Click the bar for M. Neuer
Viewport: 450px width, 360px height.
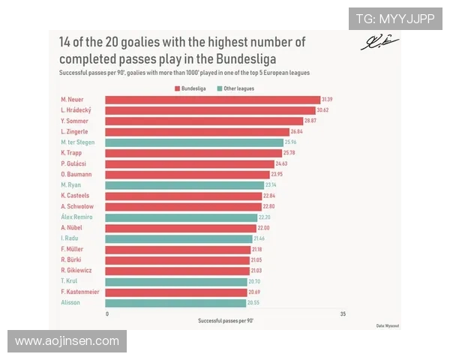point(212,100)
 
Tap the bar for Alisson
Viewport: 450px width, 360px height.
point(175,303)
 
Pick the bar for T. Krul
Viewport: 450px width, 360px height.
point(176,281)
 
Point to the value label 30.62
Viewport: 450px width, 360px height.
point(325,110)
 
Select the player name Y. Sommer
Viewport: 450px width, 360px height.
point(73,121)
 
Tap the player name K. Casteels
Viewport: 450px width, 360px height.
point(75,196)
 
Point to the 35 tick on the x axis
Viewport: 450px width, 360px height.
point(342,313)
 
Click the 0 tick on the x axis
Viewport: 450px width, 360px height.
point(107,313)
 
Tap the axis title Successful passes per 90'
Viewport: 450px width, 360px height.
point(224,321)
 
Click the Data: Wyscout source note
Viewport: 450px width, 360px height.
point(386,325)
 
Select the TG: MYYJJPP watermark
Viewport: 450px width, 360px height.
point(394,19)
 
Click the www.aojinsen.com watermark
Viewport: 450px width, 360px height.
point(67,341)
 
